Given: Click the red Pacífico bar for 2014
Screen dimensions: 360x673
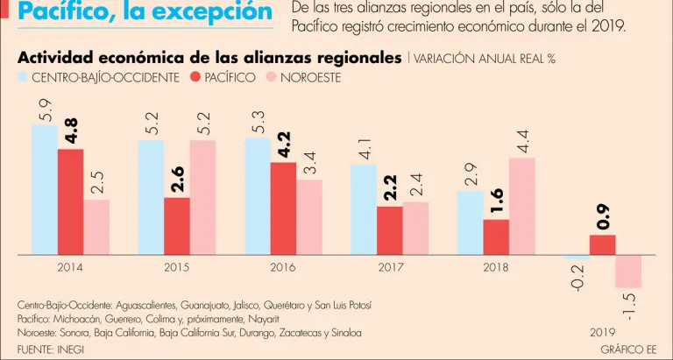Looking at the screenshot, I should point(71,201).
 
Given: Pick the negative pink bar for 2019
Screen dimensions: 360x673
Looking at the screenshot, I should point(628,272).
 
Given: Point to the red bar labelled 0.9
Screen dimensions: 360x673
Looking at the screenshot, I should point(602,244).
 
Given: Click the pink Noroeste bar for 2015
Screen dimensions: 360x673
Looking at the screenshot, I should point(202,197).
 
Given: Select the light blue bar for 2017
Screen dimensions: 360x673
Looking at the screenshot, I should point(364,209).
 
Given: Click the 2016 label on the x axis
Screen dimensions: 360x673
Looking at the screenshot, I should point(282,267).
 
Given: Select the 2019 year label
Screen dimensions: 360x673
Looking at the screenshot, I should point(602,333).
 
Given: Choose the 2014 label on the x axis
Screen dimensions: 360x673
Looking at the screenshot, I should point(70,267).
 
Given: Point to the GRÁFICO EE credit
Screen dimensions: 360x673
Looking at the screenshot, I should point(628,349).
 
